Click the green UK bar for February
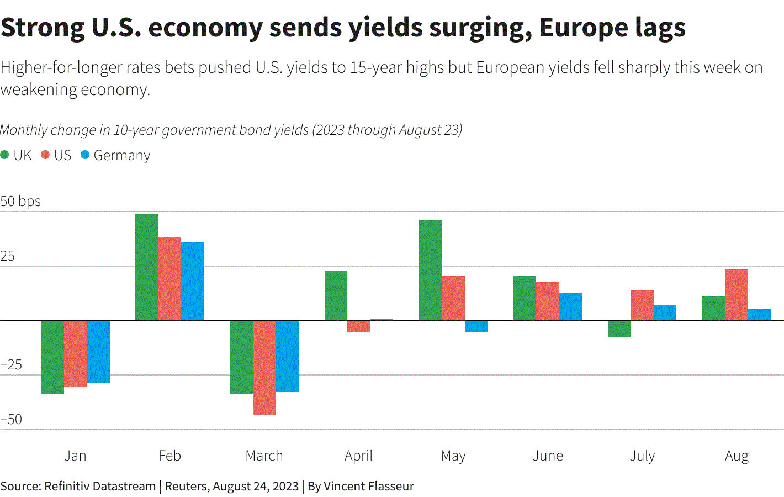[147, 267]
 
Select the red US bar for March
[264, 368]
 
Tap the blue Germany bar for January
[98, 352]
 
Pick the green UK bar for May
[430, 270]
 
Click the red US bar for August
[737, 295]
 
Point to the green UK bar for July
[619, 329]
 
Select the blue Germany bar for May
[476, 326]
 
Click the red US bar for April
[358, 326]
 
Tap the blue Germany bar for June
[570, 307]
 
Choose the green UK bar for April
[336, 296]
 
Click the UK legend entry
[17, 155]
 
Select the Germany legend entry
[115, 155]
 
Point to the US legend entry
[57, 155]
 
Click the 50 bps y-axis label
[20, 201]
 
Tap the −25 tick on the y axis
[11, 364]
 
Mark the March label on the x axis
[264, 456]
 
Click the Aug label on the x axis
[737, 456]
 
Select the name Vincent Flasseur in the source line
[368, 486]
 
